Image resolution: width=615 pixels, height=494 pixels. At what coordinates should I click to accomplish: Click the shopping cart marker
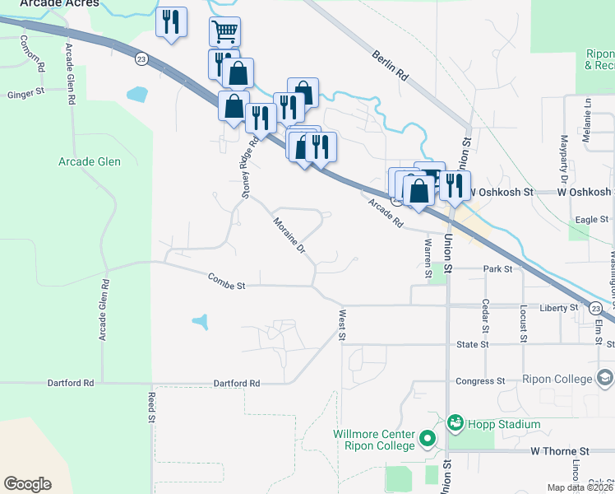pos(224,32)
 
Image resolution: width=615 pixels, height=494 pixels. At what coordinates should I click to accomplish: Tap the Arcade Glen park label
pos(90,161)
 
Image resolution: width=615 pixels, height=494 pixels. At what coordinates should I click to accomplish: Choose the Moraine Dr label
pos(289,235)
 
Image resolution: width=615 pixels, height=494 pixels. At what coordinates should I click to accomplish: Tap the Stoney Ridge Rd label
pos(244,168)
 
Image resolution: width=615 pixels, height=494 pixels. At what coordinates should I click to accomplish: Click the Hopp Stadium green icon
pos(455,423)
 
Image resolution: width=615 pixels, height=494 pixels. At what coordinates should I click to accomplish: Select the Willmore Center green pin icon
pos(427,438)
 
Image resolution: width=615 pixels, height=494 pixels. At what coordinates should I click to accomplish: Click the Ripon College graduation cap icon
pos(605,379)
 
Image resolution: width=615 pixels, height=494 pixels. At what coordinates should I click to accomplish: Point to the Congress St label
pos(479,381)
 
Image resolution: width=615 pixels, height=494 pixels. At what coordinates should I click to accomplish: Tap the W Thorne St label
pos(560,451)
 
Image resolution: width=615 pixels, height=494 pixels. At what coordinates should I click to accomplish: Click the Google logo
pos(27,484)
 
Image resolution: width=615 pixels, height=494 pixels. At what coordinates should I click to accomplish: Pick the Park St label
pos(497,268)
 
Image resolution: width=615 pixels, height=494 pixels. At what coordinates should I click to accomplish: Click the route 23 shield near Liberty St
pos(594,308)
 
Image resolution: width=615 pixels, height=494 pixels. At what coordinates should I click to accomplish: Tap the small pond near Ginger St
pos(137,93)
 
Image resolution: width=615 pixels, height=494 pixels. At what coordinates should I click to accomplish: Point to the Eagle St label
pos(592,219)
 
